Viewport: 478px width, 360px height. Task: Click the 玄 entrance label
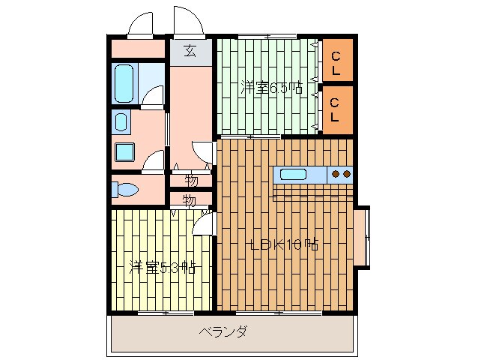(190, 51)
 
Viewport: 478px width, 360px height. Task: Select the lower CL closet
(336, 109)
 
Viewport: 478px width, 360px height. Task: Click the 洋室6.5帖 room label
(271, 88)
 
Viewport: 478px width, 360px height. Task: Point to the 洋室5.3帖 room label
(163, 268)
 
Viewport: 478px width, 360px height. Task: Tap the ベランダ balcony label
(223, 331)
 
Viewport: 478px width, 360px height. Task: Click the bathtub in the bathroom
(124, 83)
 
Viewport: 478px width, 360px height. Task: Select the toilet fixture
(124, 190)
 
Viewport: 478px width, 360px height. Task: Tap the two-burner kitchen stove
(341, 175)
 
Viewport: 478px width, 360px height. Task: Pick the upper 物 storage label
(191, 180)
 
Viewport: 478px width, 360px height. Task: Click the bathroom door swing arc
(154, 95)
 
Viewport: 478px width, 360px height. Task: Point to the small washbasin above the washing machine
(120, 121)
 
